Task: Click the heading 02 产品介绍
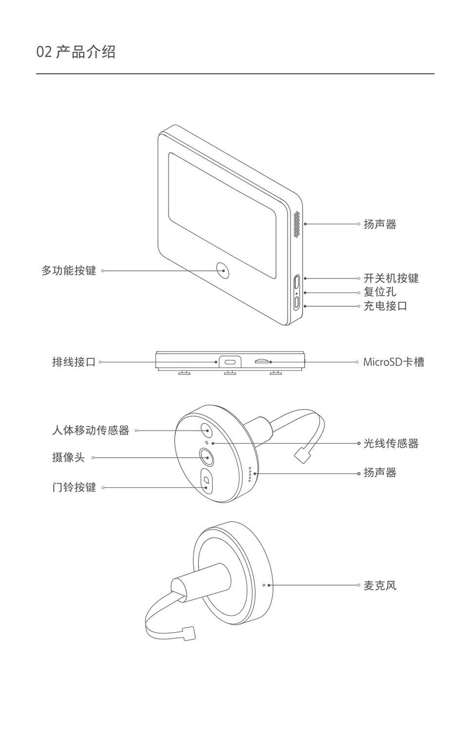click(x=76, y=52)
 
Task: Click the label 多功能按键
click(x=69, y=271)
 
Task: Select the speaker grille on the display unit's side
click(x=296, y=224)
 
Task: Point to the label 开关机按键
click(x=391, y=278)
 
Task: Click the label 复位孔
click(x=380, y=292)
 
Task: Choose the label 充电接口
click(x=385, y=306)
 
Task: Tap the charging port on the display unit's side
click(x=296, y=302)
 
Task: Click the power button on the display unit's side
click(x=296, y=282)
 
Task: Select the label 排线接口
click(x=73, y=362)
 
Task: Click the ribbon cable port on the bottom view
click(x=230, y=362)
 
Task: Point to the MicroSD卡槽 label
click(x=393, y=362)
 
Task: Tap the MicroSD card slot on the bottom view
click(x=261, y=362)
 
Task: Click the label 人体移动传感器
click(x=91, y=430)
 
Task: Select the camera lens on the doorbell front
click(x=207, y=458)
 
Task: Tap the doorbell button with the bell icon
click(x=207, y=481)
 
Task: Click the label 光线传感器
click(x=391, y=444)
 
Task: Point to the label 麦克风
click(x=380, y=585)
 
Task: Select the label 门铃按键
click(x=74, y=487)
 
